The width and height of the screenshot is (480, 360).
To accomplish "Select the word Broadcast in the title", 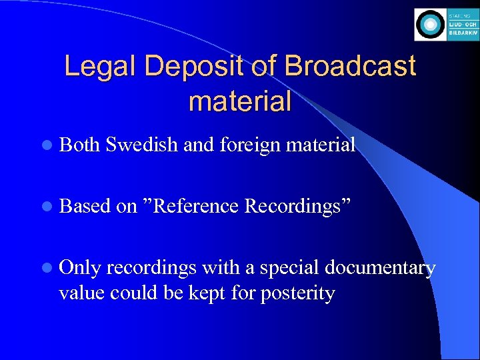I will pyautogui.click(x=350, y=67).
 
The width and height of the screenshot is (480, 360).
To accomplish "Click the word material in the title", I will pyautogui.click(x=240, y=101).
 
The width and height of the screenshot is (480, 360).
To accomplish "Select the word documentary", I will pyautogui.click(x=379, y=268).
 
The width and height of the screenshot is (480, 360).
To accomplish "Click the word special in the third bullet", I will pyautogui.click(x=289, y=268).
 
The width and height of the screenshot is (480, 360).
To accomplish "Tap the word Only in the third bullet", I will pyautogui.click(x=79, y=268).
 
